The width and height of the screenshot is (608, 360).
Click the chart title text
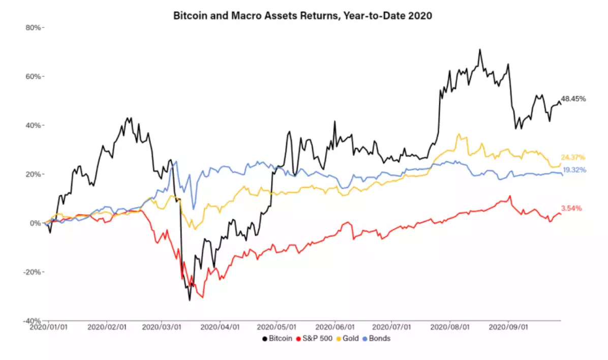coord(303,16)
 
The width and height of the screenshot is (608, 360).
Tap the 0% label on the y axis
coord(36,223)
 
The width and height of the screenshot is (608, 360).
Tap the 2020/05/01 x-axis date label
coord(277,328)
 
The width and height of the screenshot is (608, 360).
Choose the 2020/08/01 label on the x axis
coord(449,328)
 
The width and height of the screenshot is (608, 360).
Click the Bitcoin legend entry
coord(277,338)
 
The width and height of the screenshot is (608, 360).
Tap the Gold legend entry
coord(348,338)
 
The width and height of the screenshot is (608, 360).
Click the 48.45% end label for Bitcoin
coord(573,99)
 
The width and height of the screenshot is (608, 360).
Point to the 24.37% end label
coord(573,157)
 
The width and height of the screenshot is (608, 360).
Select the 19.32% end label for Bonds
coord(574,170)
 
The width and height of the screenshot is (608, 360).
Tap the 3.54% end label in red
coord(571,208)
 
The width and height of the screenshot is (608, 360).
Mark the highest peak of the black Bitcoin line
coord(479,50)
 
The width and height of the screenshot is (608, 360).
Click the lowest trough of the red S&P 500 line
coord(203,297)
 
